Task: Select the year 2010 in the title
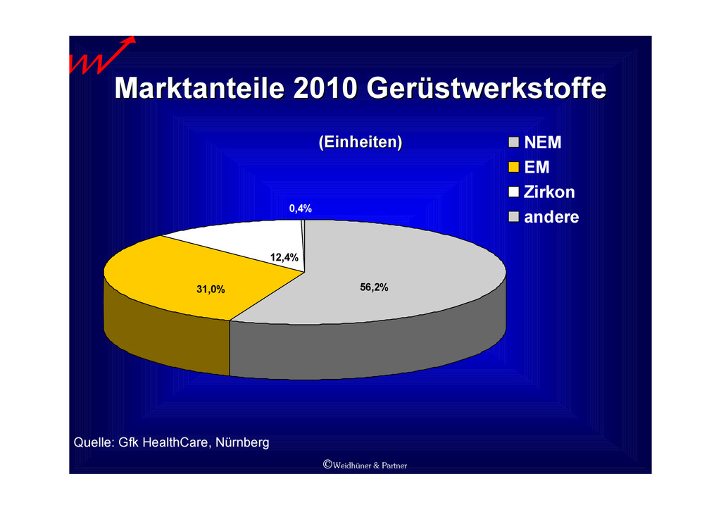325,88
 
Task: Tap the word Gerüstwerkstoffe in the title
487,88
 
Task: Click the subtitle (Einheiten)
360,142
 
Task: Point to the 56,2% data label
374,287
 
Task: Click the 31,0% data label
211,290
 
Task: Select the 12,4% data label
284,258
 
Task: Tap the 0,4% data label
300,209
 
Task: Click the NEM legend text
543,142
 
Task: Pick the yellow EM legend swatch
513,167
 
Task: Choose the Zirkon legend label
549,192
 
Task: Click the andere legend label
551,216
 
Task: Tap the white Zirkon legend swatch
513,192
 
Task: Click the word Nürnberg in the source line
242,442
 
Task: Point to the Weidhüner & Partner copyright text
365,465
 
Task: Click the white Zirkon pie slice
239,239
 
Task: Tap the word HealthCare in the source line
177,442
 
